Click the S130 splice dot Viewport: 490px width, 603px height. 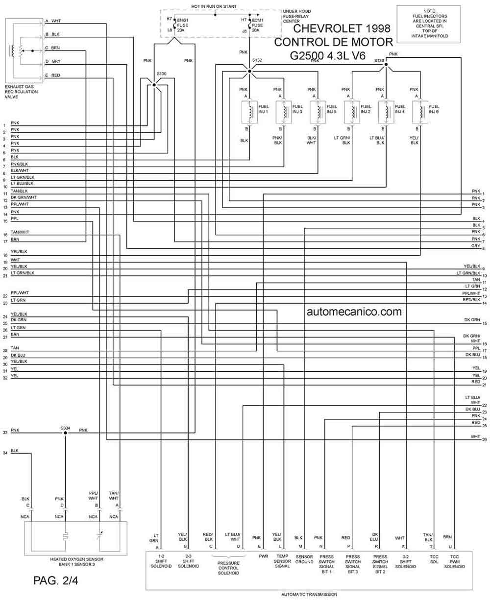pos(154,85)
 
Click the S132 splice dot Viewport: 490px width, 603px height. pos(249,72)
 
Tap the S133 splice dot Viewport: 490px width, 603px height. pos(386,65)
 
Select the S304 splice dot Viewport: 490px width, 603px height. pos(65,433)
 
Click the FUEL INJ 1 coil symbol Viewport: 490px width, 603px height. pos(249,112)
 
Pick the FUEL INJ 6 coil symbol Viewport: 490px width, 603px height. pos(420,112)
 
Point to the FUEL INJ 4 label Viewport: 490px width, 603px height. pos(400,109)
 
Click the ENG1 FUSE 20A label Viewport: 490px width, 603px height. pos(182,25)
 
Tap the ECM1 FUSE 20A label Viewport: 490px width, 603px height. pos(257,25)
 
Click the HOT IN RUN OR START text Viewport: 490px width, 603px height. pos(214,6)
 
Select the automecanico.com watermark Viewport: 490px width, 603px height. pos(354,312)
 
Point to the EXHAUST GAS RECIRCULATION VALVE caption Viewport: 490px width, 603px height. pos(21,92)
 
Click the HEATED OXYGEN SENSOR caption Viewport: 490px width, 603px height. pos(77,559)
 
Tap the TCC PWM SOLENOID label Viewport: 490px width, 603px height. pos(454,562)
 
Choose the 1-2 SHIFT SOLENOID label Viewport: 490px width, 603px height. pos(161,561)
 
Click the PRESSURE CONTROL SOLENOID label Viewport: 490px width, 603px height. pos(228,568)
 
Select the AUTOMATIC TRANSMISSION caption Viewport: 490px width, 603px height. pos(309,595)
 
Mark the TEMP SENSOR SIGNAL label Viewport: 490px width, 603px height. pos(282,561)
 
